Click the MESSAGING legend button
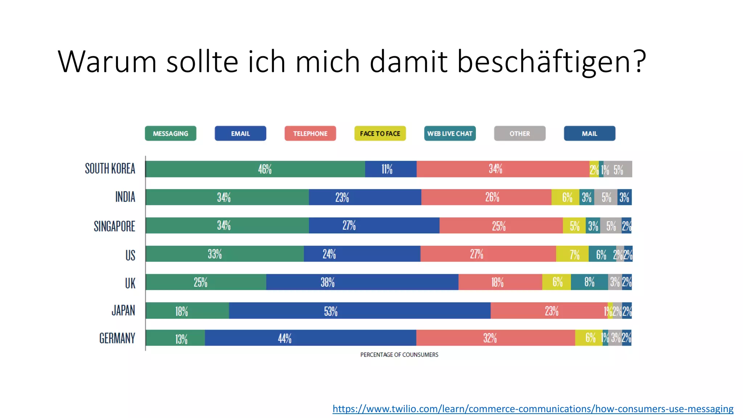pyautogui.click(x=171, y=134)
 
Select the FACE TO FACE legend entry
pyautogui.click(x=380, y=134)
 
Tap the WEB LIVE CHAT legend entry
pyautogui.click(x=450, y=134)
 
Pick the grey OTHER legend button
pyautogui.click(x=520, y=134)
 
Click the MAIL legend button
pyautogui.click(x=589, y=134)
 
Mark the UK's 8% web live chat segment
pyautogui.click(x=589, y=282)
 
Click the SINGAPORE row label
pyautogui.click(x=114, y=226)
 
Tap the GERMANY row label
pyautogui.click(x=117, y=338)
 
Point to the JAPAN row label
pyautogui.click(x=123, y=311)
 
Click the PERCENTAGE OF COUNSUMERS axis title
pyautogui.click(x=399, y=355)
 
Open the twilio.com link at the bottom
pyautogui.click(x=533, y=409)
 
